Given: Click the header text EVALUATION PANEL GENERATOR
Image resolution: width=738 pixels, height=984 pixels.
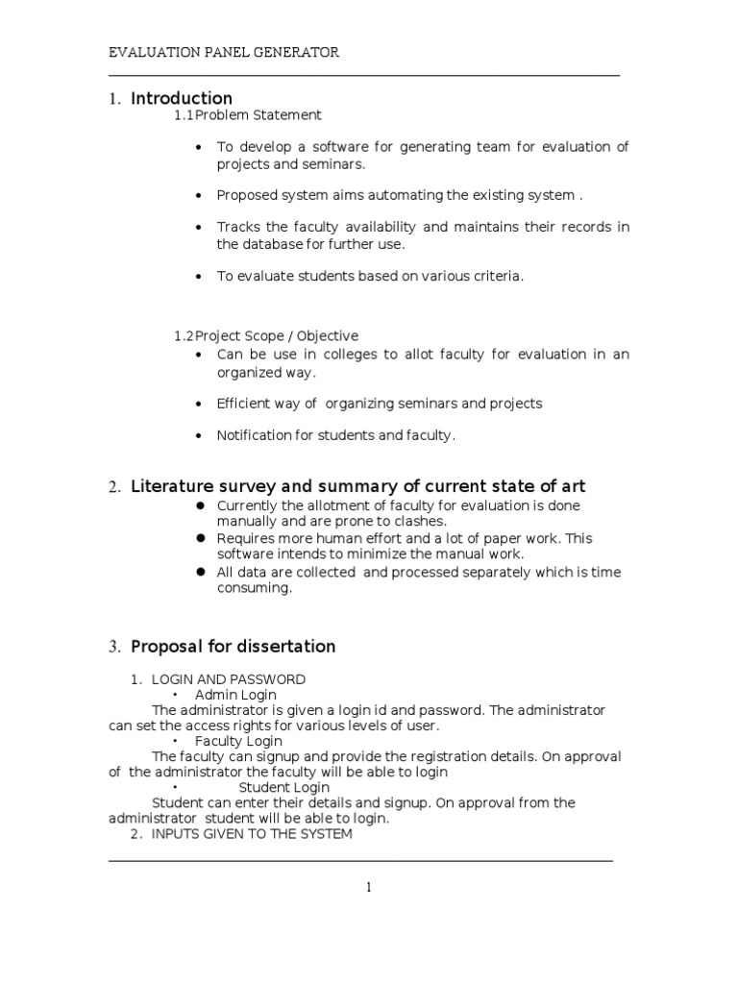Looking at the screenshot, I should (x=223, y=53).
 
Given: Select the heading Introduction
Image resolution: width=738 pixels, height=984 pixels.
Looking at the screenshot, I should (x=182, y=98).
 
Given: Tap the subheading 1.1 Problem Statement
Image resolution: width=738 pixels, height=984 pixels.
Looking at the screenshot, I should (x=248, y=115).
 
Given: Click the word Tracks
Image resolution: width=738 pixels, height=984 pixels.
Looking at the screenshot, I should (x=238, y=227).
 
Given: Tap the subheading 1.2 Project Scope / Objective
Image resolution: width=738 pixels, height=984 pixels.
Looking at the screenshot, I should (x=266, y=336).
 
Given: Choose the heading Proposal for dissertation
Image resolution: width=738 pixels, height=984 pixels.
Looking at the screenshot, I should (x=233, y=646).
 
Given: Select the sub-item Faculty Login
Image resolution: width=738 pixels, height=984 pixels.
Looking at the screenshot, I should (x=238, y=741).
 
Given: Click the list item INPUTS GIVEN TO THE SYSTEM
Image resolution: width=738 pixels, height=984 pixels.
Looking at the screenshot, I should (x=252, y=834).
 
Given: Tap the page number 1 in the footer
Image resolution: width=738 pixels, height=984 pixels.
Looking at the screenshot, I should (x=368, y=888).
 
